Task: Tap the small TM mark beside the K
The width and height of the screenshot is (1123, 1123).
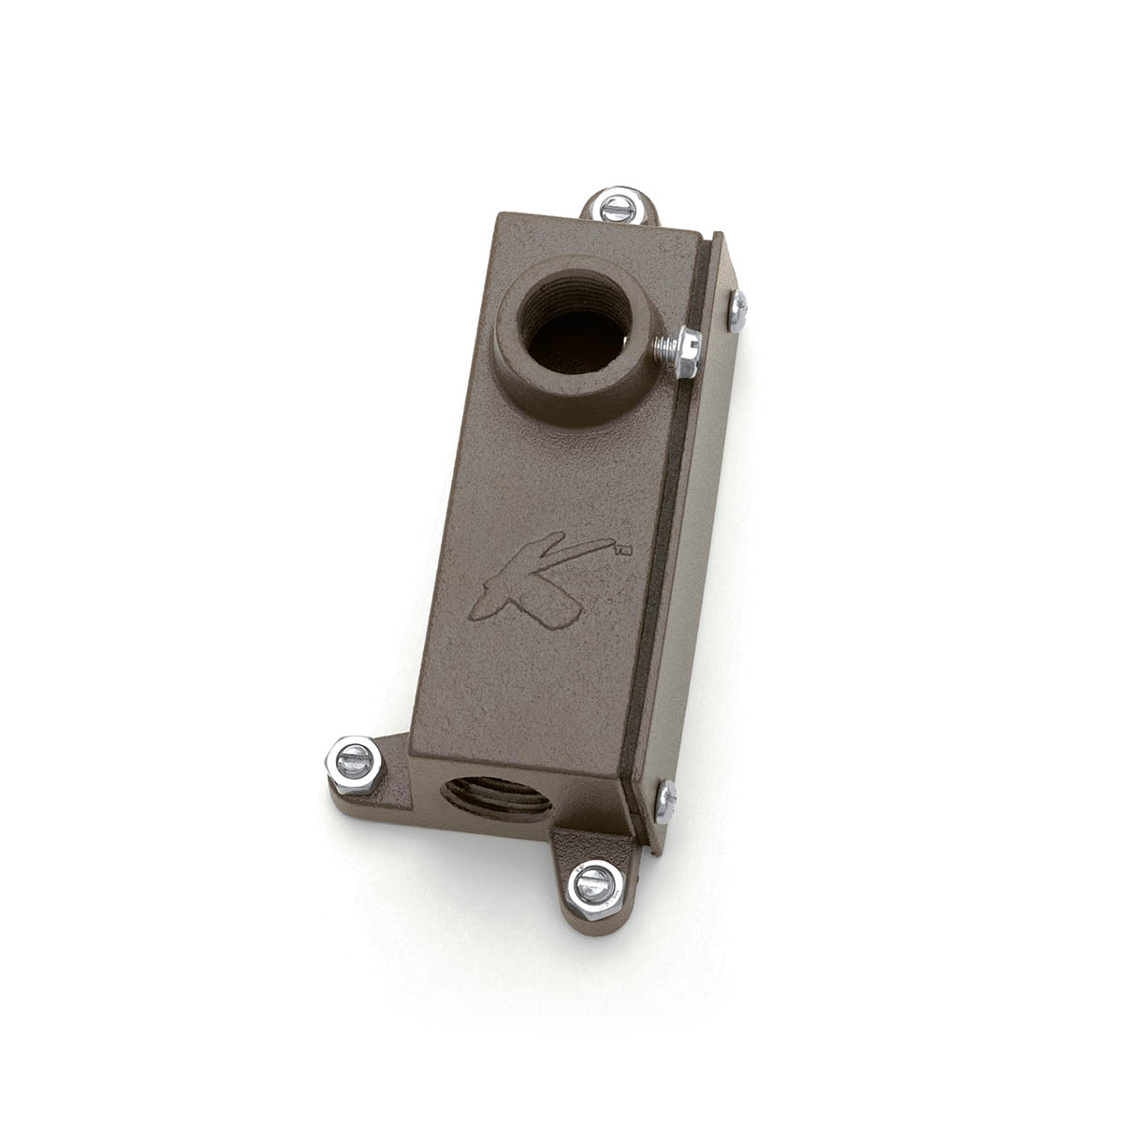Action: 621,552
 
